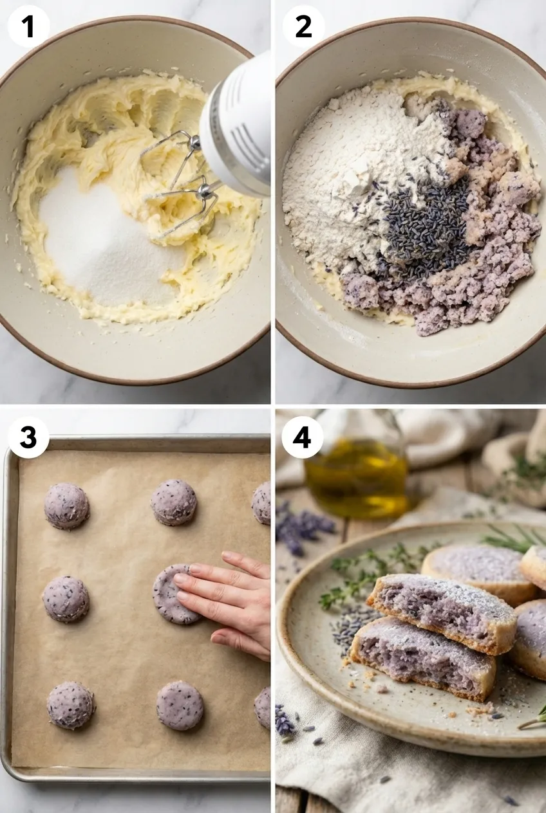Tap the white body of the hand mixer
click(238, 129)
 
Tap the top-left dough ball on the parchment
click(66, 506)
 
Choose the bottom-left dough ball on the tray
click(71, 706)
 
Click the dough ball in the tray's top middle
click(174, 502)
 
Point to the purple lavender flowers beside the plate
click(303, 527)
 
